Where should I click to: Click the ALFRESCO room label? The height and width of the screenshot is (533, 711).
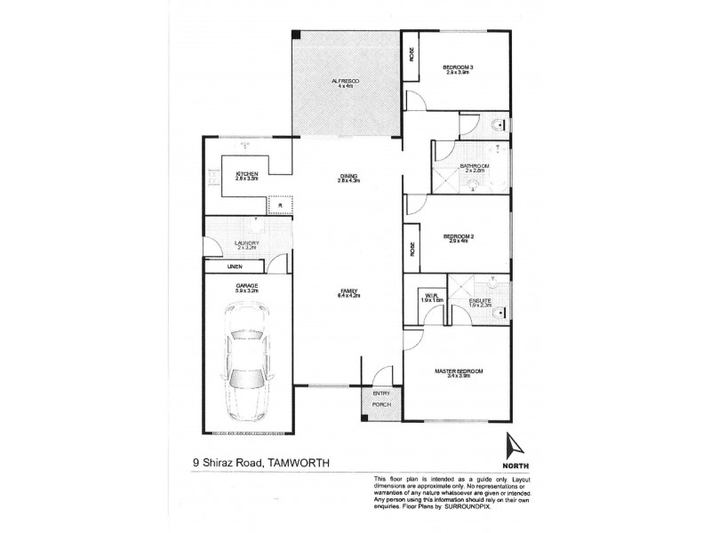point(343,81)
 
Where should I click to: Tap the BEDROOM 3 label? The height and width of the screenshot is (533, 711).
point(459,67)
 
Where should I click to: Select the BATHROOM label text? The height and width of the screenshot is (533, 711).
point(475,166)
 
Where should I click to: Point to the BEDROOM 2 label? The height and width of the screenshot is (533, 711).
point(459,236)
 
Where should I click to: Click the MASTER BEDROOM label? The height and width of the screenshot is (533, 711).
point(457,370)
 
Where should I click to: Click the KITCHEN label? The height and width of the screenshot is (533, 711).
point(246,173)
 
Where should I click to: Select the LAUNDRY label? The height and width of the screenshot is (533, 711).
point(246,243)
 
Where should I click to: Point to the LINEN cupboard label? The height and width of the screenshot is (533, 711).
point(235,266)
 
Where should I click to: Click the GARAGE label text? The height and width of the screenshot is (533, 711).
point(246,285)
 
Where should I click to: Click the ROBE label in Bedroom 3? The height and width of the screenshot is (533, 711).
point(411,55)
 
